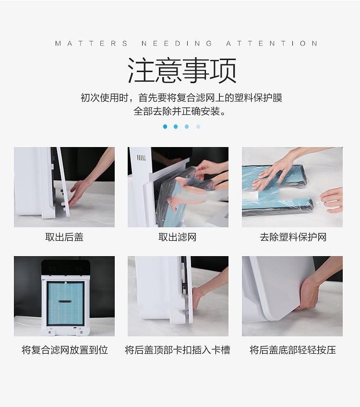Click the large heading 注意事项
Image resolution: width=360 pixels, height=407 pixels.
(x=182, y=70)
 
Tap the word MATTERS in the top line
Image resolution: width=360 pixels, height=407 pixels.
(x=91, y=43)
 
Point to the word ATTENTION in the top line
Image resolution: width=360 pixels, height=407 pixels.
(x=272, y=43)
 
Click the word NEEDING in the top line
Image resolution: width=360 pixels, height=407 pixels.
(x=177, y=43)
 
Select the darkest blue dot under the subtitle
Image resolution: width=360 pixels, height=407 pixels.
(x=165, y=127)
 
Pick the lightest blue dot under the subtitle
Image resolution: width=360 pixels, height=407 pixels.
(x=198, y=127)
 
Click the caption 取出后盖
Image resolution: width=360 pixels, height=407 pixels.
(x=64, y=237)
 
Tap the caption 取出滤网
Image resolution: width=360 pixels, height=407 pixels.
(x=178, y=237)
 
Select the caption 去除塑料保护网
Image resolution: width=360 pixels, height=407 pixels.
(x=293, y=237)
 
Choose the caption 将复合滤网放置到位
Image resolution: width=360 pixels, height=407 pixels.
(x=65, y=350)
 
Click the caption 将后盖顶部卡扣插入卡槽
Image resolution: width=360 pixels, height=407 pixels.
(x=178, y=350)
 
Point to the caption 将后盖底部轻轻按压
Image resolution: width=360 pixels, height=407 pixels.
(x=293, y=350)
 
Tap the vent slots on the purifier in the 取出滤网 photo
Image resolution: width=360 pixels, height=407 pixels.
(x=141, y=158)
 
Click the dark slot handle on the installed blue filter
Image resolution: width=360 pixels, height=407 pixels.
(x=65, y=301)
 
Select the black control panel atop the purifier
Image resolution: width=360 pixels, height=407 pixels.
(x=66, y=269)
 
